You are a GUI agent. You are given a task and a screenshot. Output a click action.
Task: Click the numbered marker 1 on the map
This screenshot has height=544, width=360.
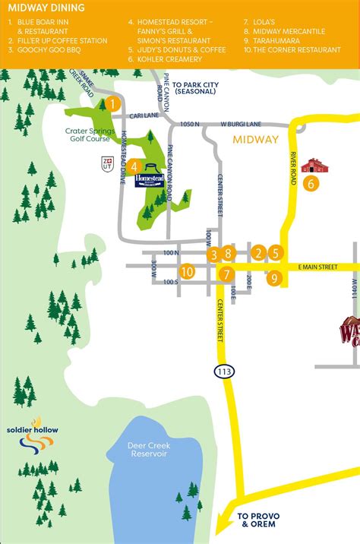coord(112,104)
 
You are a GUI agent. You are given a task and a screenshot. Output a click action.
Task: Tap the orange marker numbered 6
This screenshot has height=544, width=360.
coord(310,183)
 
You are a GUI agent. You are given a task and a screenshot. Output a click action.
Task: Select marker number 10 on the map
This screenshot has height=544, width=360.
coord(188,271)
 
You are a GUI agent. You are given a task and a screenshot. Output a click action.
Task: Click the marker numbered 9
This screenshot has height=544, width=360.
coord(274,279)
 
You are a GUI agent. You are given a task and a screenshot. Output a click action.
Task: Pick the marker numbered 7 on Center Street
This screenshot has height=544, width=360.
coord(226,274)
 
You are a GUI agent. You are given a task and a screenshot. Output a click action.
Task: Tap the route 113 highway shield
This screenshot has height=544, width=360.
coord(226,350)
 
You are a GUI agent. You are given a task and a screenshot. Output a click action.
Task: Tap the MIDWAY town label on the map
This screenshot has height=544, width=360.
coord(256,140)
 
